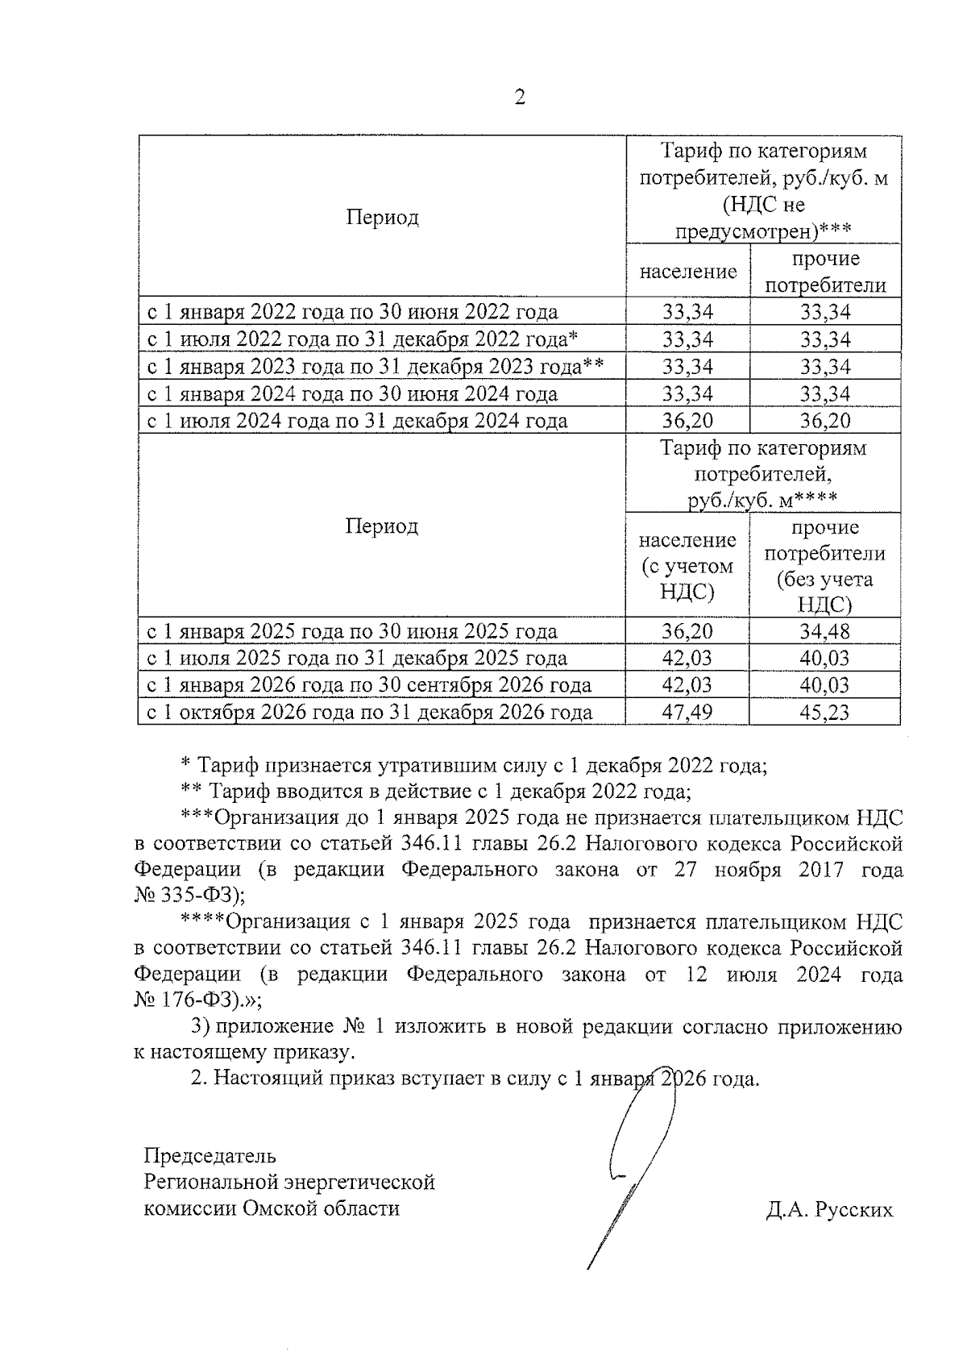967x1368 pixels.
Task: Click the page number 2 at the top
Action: (x=519, y=98)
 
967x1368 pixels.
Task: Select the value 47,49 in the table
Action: (x=687, y=712)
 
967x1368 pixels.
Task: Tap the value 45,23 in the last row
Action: (x=824, y=712)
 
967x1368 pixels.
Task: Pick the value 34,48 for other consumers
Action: (x=824, y=631)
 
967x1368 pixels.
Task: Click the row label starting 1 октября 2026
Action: (x=369, y=712)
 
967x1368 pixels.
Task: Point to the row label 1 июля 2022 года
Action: (x=362, y=339)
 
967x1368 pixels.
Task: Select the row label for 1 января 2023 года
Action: (x=375, y=367)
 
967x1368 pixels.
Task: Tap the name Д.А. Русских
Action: (x=829, y=1209)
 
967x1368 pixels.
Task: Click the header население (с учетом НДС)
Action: (x=687, y=565)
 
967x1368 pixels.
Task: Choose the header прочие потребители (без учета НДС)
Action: (x=824, y=565)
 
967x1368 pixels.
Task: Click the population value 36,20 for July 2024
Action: (x=687, y=421)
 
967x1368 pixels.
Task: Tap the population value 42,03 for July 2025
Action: (x=687, y=658)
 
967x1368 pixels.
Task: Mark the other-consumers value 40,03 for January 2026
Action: (x=824, y=685)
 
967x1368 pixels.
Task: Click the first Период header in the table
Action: (x=382, y=218)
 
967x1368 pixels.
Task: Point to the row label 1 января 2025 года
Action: (x=351, y=631)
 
